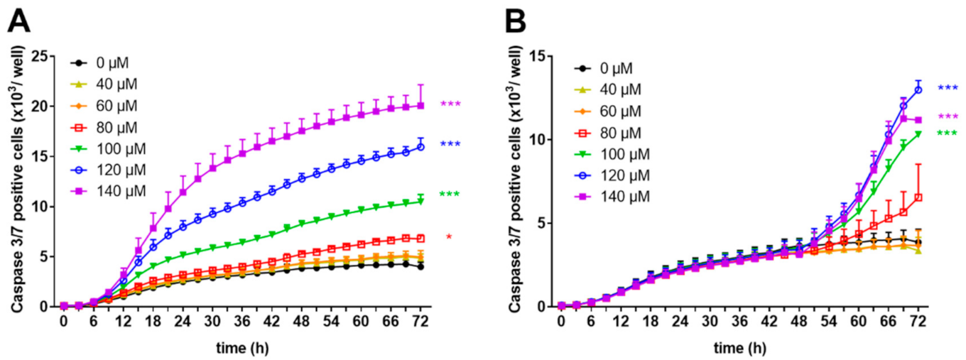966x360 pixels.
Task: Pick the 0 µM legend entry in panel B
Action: (603, 69)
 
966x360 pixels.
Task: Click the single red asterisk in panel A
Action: (449, 237)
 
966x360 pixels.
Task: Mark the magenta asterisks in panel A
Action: (450, 104)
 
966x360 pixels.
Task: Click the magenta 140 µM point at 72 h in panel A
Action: (421, 106)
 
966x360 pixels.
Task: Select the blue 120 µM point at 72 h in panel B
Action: (918, 89)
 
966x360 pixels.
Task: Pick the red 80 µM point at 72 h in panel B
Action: (918, 197)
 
